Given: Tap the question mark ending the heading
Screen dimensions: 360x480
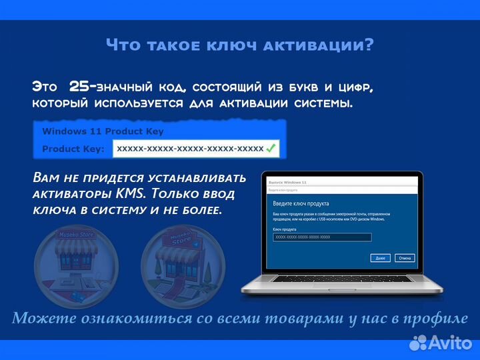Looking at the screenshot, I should point(369,46).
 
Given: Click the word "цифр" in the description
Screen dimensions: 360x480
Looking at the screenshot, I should point(351,87).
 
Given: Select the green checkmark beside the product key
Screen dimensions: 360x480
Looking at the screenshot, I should point(271,149).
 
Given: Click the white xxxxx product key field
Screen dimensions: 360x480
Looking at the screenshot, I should point(190,149).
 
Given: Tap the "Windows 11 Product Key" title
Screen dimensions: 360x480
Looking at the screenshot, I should point(103,131).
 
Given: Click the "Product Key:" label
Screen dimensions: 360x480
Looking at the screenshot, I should point(73,149).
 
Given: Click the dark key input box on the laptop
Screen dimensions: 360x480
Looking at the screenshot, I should point(322,237).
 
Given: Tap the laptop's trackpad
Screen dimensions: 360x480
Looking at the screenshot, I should point(340,287).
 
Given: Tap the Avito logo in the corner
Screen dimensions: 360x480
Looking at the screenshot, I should point(440,343).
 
